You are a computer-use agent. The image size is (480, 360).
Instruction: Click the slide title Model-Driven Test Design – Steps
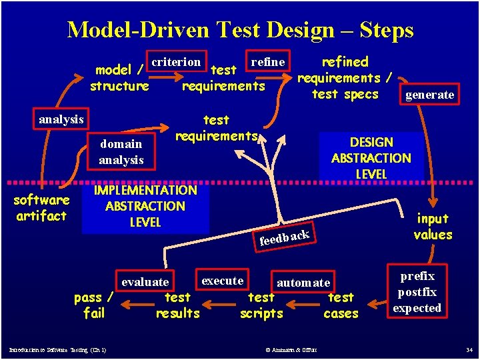[x=240, y=30]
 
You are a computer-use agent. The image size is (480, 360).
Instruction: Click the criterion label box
[x=176, y=62]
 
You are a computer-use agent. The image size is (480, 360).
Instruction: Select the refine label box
[x=267, y=62]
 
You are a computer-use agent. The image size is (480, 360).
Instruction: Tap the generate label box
[x=430, y=95]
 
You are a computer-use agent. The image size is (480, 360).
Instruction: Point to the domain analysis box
[x=121, y=151]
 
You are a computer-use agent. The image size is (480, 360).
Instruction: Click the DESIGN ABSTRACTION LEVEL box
[x=371, y=157]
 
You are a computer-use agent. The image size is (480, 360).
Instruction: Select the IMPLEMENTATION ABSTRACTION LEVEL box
[x=145, y=206]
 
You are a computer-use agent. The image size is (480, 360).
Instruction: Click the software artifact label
[x=41, y=208]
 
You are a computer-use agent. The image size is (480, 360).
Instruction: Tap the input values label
[x=433, y=227]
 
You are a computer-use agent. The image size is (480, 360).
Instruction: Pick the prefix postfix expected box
[x=417, y=292]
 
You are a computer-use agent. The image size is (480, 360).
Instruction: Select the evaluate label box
[x=145, y=282]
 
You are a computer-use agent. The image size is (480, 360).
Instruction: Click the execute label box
[x=222, y=280]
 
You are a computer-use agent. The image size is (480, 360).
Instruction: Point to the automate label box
[x=303, y=283]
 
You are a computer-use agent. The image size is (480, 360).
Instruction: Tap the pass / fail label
[x=94, y=305]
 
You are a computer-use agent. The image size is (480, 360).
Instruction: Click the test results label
[x=177, y=305]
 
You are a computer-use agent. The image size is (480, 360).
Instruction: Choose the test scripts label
[x=261, y=305]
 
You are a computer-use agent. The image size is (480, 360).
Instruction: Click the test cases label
[x=341, y=305]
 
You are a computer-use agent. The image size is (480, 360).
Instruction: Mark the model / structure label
[x=120, y=77]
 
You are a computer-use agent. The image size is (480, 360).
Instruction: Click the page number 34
[x=469, y=350]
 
